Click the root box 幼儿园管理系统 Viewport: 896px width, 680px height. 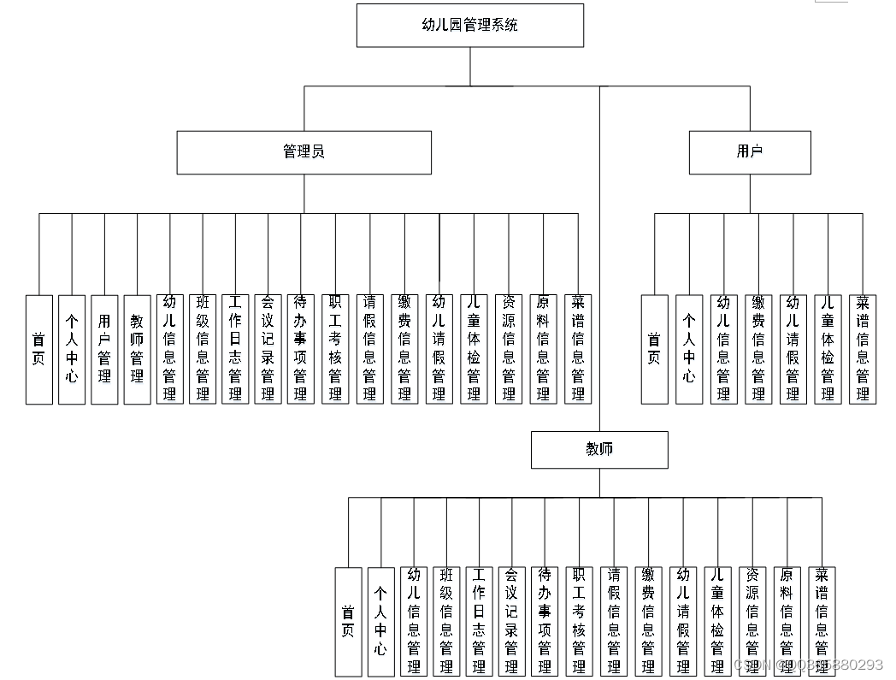469,26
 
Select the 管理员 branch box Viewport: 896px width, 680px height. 304,152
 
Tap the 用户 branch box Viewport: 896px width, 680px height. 750,152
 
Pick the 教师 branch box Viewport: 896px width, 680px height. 599,450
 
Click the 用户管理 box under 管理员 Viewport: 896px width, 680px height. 104,349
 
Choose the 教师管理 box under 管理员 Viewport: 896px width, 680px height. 137,349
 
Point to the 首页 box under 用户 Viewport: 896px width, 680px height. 654,349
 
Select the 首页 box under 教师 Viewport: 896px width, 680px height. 348,621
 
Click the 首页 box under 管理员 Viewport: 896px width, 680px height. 38,349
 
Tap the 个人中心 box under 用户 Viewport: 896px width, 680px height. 689,349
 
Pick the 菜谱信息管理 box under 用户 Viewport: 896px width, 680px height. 863,349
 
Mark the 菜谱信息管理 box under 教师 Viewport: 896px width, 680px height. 821,621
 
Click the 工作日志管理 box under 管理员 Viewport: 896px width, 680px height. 235,349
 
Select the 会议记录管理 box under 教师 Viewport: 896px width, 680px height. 511,621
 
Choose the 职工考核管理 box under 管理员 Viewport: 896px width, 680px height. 335,349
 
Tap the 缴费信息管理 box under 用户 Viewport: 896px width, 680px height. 758,349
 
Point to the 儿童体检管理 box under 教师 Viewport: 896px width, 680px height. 717,621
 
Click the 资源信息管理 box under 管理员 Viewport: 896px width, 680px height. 509,349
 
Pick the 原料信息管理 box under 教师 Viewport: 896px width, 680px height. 787,621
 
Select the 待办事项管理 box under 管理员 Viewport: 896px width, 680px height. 301,349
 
